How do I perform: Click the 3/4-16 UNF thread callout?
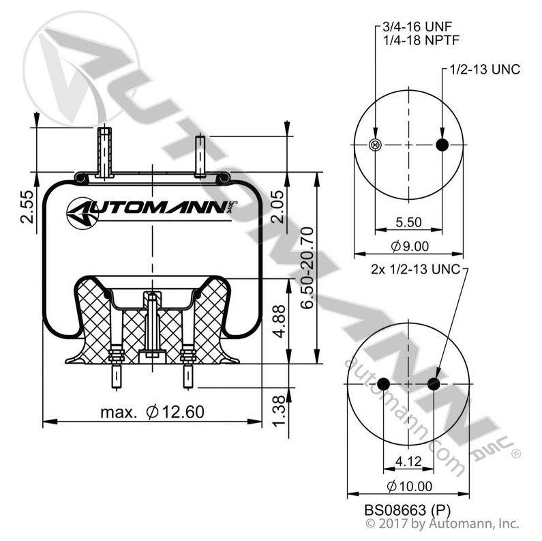click(417, 27)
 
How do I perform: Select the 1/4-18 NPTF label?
click(421, 40)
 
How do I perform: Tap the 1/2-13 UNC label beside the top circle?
click(485, 70)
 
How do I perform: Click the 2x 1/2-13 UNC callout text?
click(415, 269)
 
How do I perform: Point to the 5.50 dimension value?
click(408, 222)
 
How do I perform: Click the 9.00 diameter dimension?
click(410, 246)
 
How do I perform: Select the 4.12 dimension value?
click(408, 461)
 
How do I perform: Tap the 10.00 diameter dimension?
click(409, 486)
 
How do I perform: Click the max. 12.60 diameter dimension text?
click(152, 412)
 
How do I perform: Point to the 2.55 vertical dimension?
click(28, 207)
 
